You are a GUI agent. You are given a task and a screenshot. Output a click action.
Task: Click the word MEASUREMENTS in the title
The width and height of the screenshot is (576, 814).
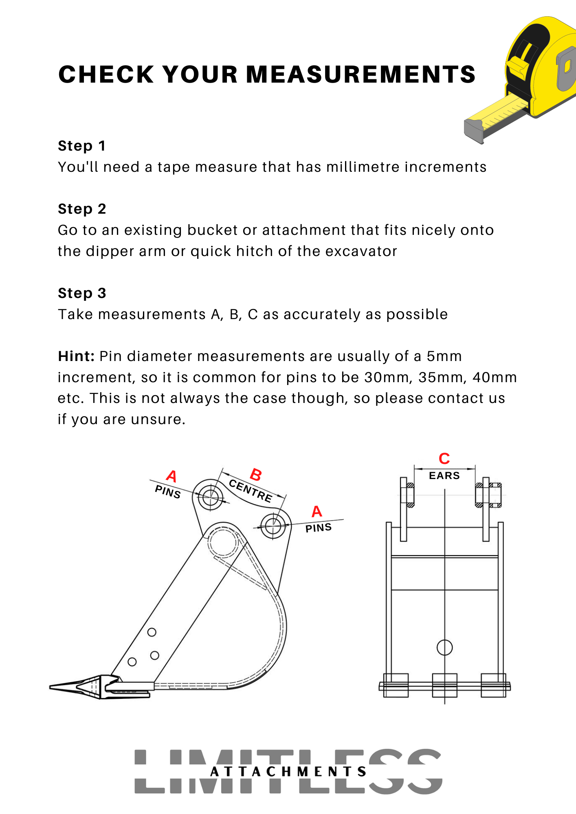(x=361, y=74)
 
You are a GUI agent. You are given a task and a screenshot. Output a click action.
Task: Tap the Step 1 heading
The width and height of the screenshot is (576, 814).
(x=82, y=146)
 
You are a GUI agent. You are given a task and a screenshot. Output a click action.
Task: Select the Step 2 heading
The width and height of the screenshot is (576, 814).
(x=82, y=209)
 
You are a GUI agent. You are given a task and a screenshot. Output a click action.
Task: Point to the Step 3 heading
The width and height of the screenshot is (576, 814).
(x=82, y=293)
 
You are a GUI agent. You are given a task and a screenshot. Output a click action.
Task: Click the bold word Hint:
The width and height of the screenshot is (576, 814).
(x=76, y=356)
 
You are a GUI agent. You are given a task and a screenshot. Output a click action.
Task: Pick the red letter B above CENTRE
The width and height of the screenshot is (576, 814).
(x=256, y=475)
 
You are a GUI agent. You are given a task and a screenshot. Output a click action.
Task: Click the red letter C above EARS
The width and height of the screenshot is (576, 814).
(x=444, y=459)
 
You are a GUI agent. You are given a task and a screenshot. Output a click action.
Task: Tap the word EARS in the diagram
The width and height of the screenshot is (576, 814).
(x=444, y=475)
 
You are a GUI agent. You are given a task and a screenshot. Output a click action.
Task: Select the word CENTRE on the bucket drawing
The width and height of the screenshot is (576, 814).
(x=250, y=491)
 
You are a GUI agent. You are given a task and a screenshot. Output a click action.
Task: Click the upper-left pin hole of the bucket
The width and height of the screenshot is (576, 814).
(x=210, y=496)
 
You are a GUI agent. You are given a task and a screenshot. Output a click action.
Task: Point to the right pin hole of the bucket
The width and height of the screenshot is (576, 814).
(x=273, y=525)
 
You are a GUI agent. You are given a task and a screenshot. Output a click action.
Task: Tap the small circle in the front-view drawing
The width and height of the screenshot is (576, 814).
(x=444, y=647)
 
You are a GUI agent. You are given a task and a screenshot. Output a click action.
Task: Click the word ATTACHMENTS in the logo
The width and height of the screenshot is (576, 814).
(x=288, y=772)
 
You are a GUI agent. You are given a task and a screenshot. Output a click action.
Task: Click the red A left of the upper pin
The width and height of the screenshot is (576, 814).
(x=171, y=476)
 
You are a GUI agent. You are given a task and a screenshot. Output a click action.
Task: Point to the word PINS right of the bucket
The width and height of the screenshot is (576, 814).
(x=319, y=528)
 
